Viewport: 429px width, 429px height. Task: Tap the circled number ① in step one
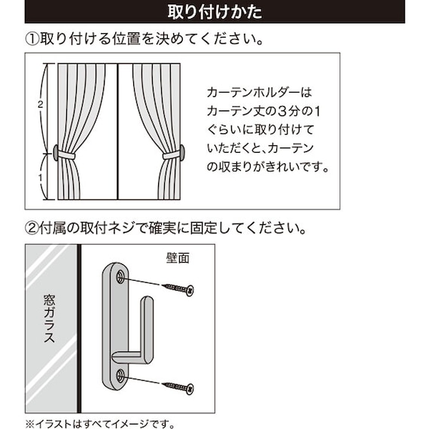point(34,38)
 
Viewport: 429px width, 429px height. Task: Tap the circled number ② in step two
point(34,227)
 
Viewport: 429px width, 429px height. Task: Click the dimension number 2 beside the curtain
point(39,105)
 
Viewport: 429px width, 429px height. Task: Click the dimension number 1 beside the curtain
point(39,178)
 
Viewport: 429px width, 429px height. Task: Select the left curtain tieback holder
point(57,154)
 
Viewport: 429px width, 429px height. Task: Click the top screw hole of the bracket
point(120,278)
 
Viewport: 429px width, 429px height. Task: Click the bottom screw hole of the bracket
point(120,375)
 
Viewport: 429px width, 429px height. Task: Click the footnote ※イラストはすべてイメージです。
point(101,421)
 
